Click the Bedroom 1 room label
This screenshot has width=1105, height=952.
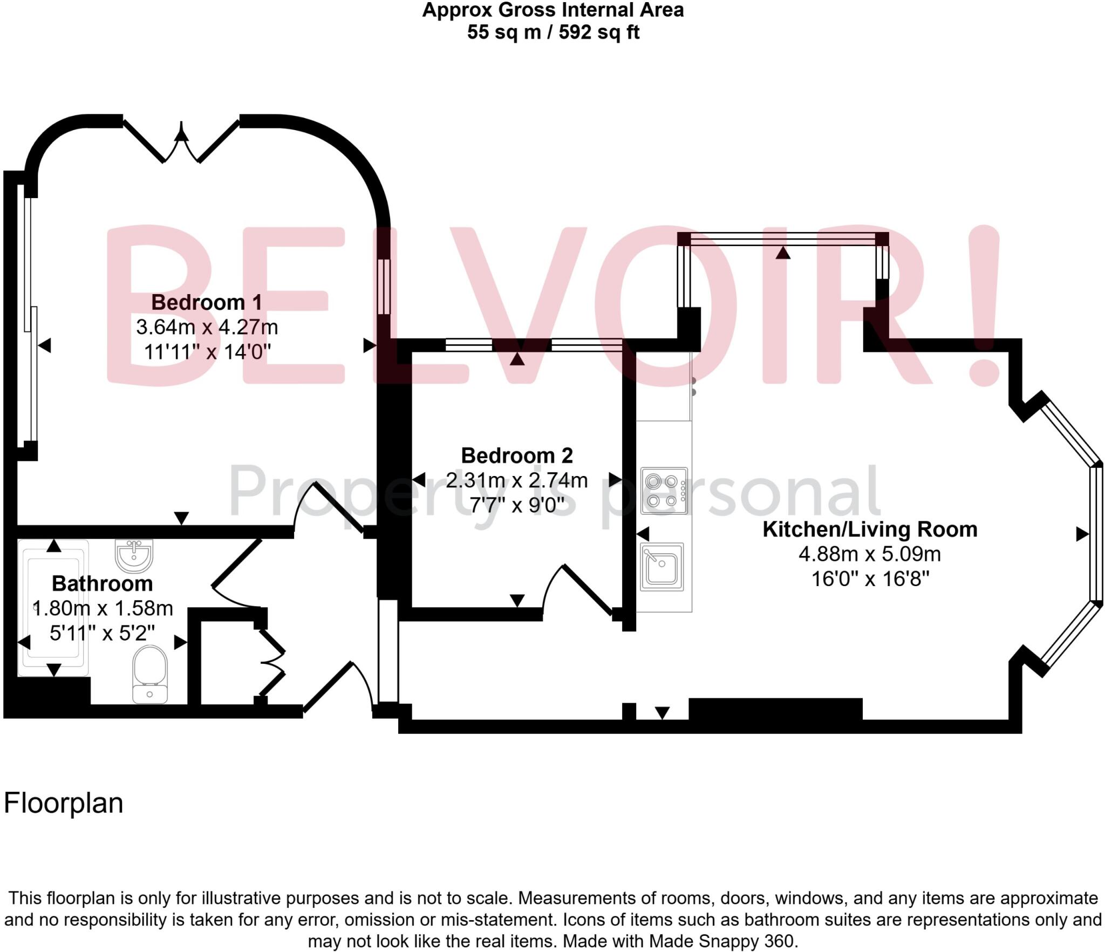pos(207,302)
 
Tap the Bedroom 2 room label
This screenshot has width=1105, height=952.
pos(516,455)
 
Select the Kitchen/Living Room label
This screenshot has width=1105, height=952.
pos(870,529)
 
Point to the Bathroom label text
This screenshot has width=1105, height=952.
pos(102,583)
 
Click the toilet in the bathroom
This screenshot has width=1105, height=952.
pos(149,675)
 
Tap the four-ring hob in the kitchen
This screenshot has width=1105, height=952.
pos(664,491)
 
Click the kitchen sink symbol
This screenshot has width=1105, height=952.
pos(661,567)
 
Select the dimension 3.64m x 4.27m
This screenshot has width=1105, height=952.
pos(207,327)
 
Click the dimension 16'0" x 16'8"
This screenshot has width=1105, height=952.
pos(870,579)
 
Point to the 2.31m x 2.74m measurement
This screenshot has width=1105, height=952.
pos(516,480)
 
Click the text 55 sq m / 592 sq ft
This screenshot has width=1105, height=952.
pos(552,32)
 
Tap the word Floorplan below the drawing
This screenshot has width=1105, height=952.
pos(64,803)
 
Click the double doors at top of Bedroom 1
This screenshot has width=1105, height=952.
pos(182,141)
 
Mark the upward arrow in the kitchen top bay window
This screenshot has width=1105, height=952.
pos(783,252)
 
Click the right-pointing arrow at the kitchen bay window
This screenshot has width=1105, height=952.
pos(1082,534)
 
